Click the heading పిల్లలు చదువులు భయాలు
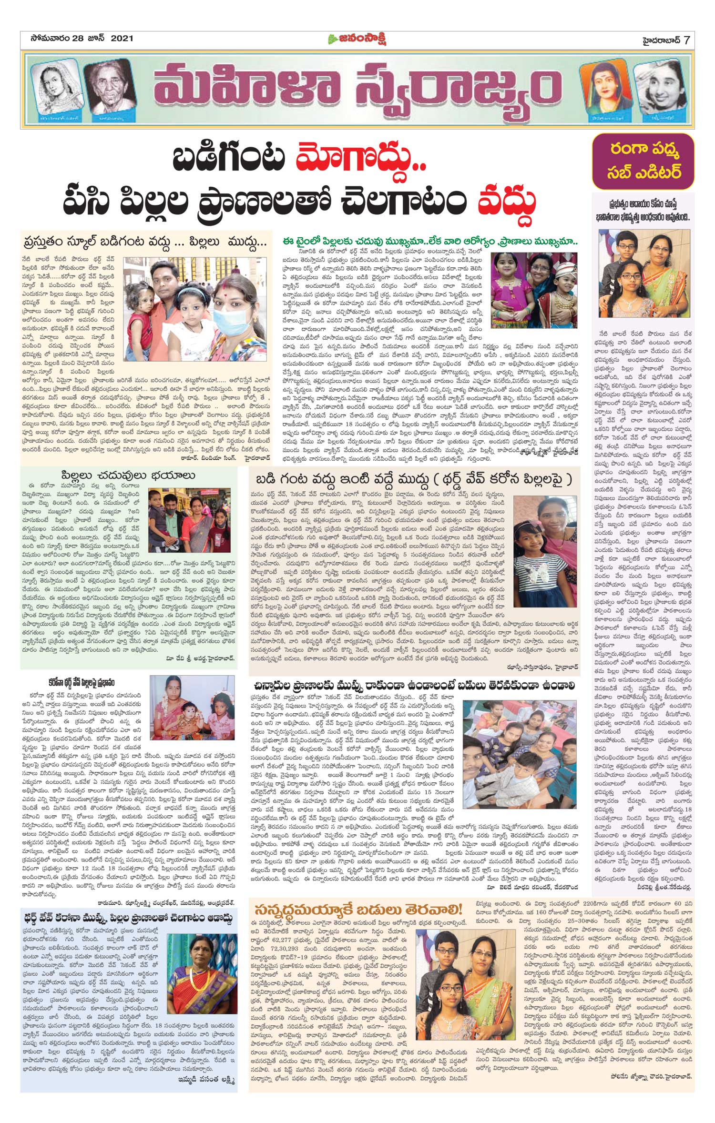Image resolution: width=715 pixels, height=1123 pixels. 129,476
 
